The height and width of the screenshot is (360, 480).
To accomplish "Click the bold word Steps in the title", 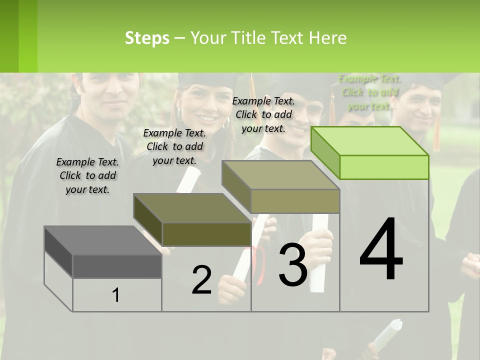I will (147, 38).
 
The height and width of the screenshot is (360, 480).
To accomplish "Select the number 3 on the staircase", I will (293, 264).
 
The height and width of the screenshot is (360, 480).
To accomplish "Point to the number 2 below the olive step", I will (201, 280).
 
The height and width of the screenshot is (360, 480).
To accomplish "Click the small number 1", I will (116, 295).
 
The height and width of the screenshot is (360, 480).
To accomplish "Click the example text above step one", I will (87, 175).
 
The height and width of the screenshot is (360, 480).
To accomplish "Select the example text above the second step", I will (174, 146).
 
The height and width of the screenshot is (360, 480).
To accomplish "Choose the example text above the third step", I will (263, 114).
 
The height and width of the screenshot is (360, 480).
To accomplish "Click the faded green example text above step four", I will (369, 92).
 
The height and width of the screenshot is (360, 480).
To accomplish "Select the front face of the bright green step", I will (384, 167).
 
